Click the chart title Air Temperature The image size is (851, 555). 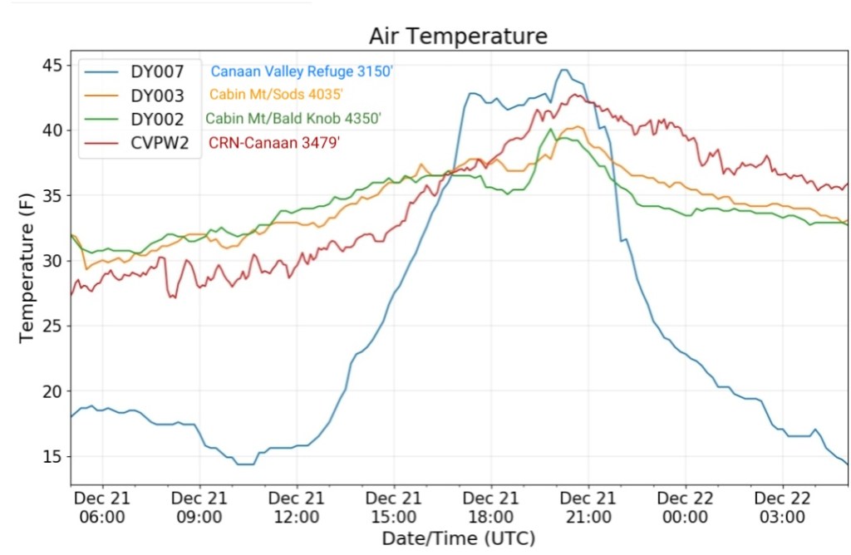(x=458, y=37)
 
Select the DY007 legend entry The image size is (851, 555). (x=156, y=71)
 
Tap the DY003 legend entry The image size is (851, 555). (x=156, y=96)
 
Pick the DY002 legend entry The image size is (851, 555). (x=156, y=120)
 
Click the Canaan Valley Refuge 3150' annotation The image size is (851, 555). (x=301, y=71)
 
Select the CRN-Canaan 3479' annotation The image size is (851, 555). (x=274, y=143)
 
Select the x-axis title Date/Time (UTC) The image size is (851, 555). (x=458, y=538)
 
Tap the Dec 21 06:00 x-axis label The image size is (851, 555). (x=101, y=507)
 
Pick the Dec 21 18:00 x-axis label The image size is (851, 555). (x=490, y=507)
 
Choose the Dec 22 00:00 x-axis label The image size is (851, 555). (x=685, y=507)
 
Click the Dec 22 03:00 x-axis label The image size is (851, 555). (x=782, y=507)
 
